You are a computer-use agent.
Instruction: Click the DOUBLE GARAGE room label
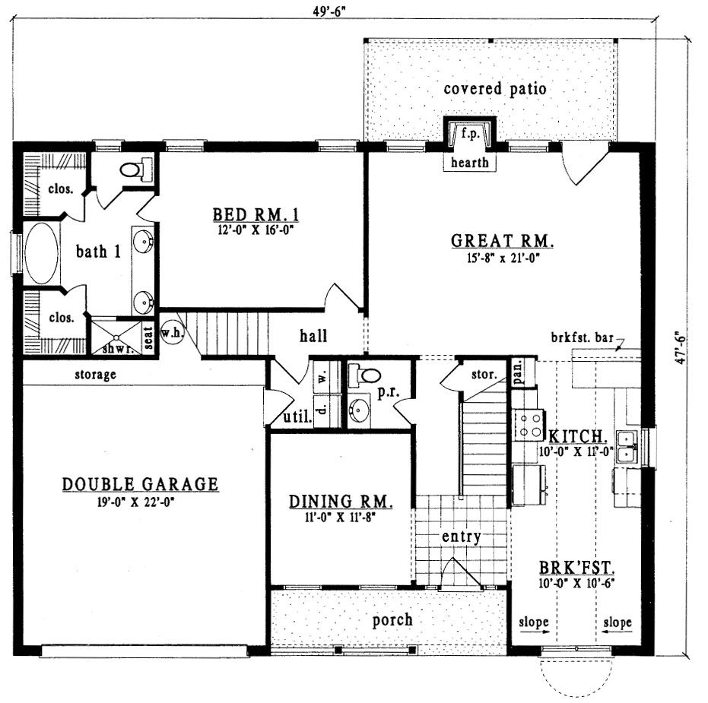click(141, 484)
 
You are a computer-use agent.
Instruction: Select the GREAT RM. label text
click(503, 242)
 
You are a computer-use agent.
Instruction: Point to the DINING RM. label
click(340, 502)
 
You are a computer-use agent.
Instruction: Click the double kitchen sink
click(627, 446)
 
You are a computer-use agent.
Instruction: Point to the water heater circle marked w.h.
click(170, 332)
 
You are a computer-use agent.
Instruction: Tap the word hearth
click(469, 163)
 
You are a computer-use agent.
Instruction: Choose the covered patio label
click(494, 89)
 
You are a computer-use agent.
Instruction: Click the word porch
click(392, 620)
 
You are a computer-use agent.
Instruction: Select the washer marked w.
click(321, 375)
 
